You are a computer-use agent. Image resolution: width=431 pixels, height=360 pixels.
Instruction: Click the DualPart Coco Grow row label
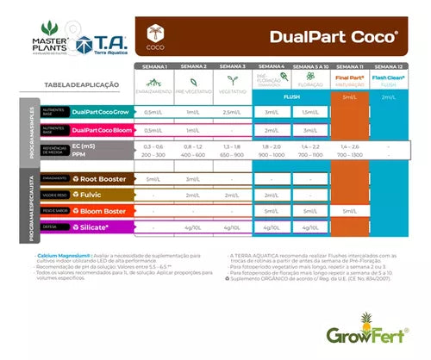(x=100, y=112)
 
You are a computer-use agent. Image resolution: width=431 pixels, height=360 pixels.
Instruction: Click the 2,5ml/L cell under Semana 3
(x=232, y=112)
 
